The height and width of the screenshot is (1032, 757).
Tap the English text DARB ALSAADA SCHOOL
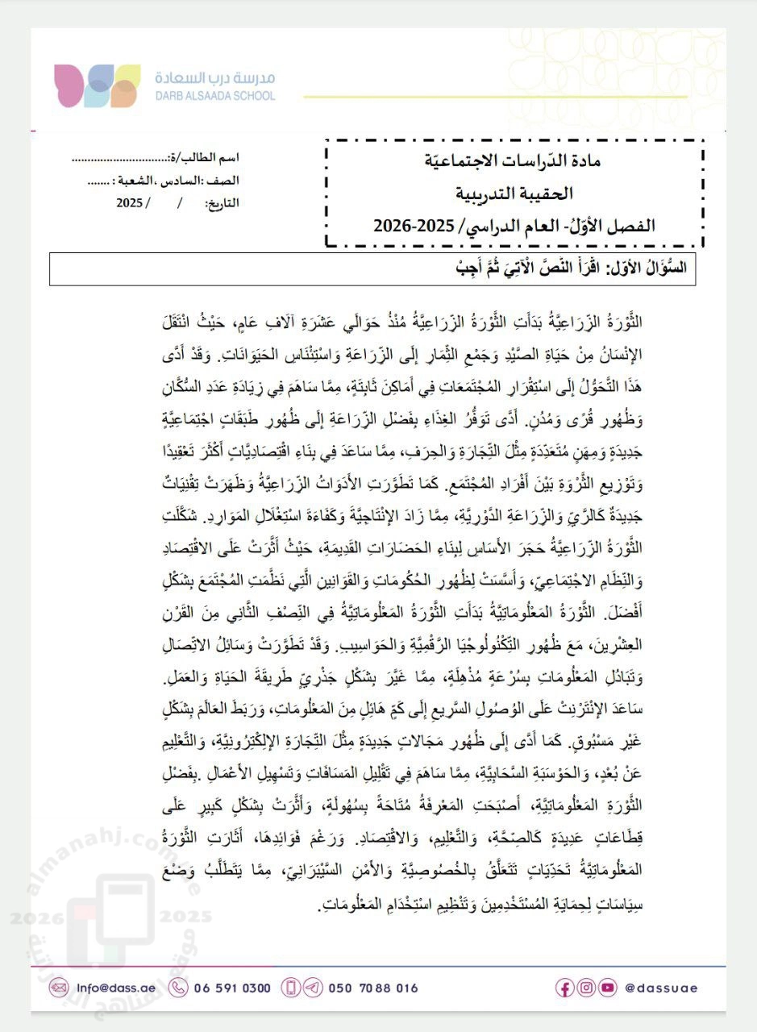(214, 96)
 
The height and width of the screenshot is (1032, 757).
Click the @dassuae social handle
(661, 988)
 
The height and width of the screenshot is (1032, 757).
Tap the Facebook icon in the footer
(565, 988)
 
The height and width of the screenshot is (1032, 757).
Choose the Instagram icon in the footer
(586, 988)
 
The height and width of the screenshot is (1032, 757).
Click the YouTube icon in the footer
(607, 988)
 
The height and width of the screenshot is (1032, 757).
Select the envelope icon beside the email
(58, 988)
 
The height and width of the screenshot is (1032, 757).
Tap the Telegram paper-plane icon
(313, 988)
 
